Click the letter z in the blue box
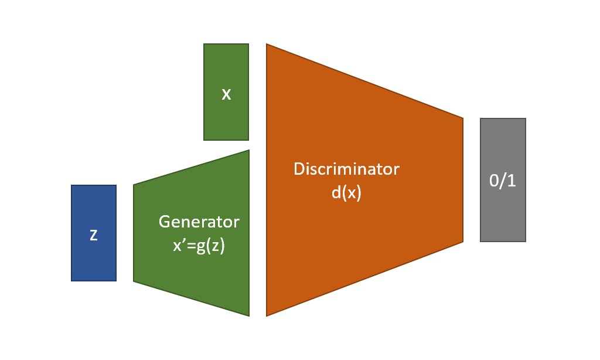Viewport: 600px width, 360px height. pyautogui.click(x=93, y=235)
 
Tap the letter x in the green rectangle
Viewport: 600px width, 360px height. pyautogui.click(x=226, y=94)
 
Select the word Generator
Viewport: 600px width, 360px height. pyautogui.click(x=199, y=222)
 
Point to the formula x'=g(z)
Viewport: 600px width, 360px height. pyautogui.click(x=199, y=246)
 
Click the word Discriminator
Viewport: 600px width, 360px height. pyautogui.click(x=346, y=169)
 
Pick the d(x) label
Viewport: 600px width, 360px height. pyautogui.click(x=346, y=193)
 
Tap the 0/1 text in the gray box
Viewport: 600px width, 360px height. pyautogui.click(x=503, y=181)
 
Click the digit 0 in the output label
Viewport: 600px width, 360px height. pyautogui.click(x=494, y=181)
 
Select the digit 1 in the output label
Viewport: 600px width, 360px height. pyautogui.click(x=512, y=181)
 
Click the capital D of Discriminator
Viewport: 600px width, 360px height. pyautogui.click(x=299, y=169)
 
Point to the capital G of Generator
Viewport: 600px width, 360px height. pyautogui.click(x=165, y=222)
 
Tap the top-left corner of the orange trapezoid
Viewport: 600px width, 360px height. pyautogui.click(x=267, y=45)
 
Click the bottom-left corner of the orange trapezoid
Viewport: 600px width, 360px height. pyautogui.click(x=267, y=315)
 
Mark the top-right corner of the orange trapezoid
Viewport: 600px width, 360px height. pyautogui.click(x=463, y=118)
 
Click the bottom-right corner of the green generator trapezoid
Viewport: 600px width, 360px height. pyautogui.click(x=249, y=315)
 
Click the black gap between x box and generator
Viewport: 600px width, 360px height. pyautogui.click(x=226, y=145)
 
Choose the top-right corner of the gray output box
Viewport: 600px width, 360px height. pyautogui.click(x=526, y=119)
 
